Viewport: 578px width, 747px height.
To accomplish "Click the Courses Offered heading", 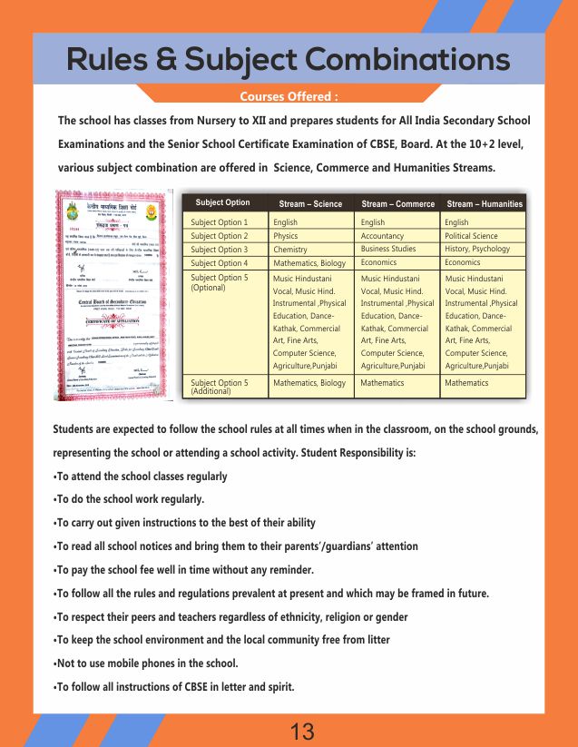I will click(289, 96).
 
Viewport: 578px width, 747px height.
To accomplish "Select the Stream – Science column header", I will click(310, 204).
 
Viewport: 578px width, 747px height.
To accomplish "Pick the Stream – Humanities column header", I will click(485, 204).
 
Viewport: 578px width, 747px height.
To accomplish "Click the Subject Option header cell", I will click(222, 203).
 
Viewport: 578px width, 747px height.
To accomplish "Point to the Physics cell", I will click(286, 236).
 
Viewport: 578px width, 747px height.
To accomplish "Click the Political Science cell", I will click(471, 236).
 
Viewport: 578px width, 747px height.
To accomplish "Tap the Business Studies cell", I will click(388, 249).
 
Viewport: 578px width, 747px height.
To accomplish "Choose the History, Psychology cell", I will click(477, 249).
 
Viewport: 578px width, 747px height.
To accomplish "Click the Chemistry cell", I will click(290, 250).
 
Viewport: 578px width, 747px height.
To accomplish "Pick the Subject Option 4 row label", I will click(220, 263).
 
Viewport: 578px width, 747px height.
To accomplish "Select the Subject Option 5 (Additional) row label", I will click(220, 387).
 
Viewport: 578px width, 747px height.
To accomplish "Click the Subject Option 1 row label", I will click(220, 222).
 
